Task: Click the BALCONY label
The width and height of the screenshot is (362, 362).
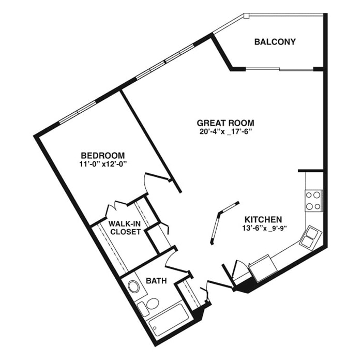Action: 275,42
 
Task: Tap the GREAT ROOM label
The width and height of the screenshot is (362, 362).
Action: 225,123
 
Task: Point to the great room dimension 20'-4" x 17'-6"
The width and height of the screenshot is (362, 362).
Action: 225,132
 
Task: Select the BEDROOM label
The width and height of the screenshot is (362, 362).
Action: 102,155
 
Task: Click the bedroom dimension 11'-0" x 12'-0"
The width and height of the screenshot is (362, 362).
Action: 103,164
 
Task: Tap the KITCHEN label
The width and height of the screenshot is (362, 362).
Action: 263,219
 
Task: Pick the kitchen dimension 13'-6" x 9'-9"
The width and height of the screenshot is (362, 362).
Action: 264,228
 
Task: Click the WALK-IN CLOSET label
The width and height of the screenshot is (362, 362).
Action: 125,228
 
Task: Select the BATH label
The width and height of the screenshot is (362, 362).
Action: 156,281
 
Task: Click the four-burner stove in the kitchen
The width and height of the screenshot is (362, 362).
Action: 314,201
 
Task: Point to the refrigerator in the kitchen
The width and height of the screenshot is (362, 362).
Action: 263,268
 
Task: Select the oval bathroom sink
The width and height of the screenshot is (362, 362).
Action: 133,287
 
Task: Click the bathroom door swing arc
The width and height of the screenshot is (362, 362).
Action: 170,258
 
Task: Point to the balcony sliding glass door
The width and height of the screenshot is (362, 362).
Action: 279,69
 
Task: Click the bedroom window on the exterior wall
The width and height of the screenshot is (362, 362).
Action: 78,112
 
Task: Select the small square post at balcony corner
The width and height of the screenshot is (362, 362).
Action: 247,16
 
